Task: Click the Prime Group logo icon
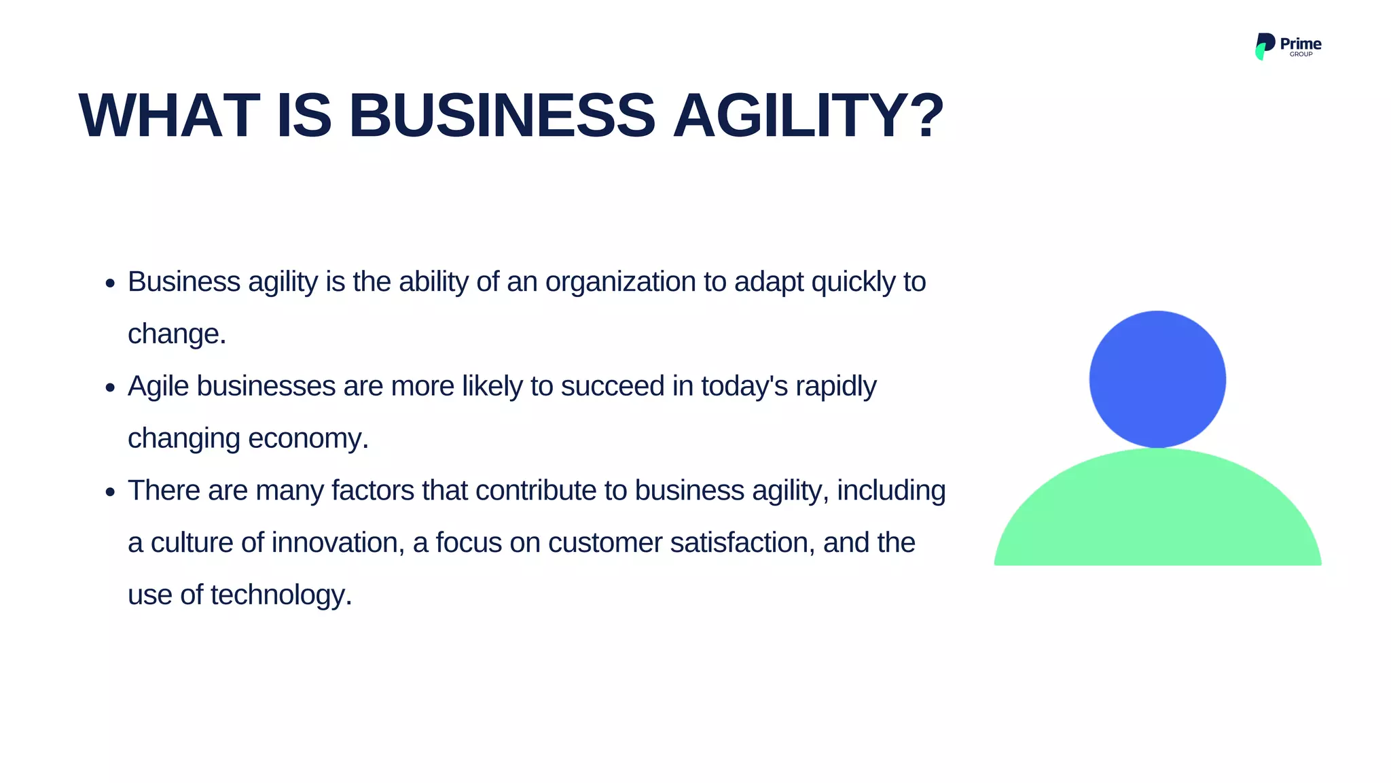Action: click(1264, 46)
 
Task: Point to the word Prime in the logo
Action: click(1301, 43)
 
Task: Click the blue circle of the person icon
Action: click(1157, 379)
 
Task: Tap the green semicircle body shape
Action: click(1157, 517)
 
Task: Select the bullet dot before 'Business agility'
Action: click(111, 283)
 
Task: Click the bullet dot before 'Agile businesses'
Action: click(111, 388)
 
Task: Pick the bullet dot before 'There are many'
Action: click(111, 492)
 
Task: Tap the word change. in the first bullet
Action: click(177, 334)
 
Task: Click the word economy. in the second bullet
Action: click(308, 438)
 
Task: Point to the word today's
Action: click(744, 386)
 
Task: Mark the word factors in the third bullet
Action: click(372, 491)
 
